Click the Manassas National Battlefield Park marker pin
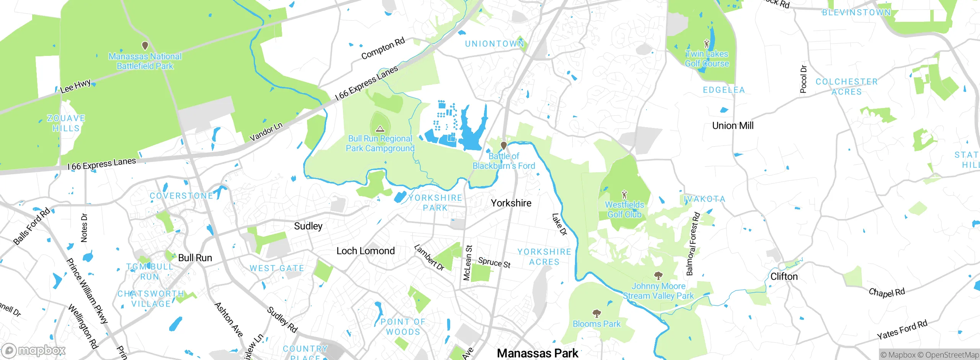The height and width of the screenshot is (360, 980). click(145, 46)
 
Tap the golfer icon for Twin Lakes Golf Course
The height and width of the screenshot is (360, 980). click(707, 44)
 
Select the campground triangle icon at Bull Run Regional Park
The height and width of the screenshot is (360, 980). click(380, 129)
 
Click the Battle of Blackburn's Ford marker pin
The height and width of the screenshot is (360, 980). click(504, 146)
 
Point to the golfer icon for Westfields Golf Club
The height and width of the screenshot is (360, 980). click(624, 195)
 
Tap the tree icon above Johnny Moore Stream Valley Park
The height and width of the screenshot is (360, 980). click(658, 275)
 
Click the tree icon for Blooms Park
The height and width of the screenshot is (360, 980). click(596, 314)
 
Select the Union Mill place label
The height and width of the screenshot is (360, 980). click(733, 126)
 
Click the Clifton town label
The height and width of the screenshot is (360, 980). click(784, 277)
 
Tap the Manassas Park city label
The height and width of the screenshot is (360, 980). click(537, 353)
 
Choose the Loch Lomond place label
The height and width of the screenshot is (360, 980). click(366, 251)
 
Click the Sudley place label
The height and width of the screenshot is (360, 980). click(308, 226)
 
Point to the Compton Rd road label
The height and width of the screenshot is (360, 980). click(383, 49)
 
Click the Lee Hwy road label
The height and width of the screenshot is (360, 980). click(75, 86)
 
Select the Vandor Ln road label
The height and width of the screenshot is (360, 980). click(266, 132)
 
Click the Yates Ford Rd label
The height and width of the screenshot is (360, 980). click(902, 330)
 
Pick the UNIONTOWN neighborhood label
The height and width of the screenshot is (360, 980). click(494, 44)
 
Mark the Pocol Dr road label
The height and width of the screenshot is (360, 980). click(804, 79)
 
